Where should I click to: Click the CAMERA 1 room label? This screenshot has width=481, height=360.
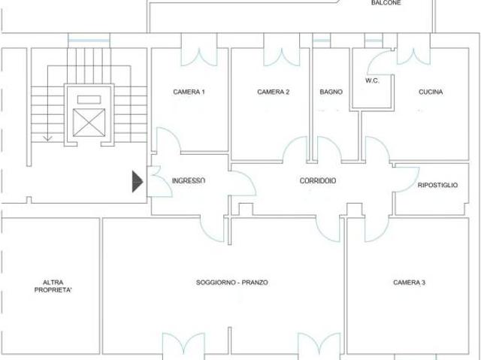[189, 92]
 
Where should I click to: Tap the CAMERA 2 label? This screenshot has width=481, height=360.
[273, 92]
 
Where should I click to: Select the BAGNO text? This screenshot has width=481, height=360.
[331, 92]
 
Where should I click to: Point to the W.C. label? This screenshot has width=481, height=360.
[372, 81]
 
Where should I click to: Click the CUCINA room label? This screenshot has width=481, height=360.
[431, 92]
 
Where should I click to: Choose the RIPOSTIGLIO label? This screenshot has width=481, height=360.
[437, 185]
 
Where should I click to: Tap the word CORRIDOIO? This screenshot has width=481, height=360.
[317, 180]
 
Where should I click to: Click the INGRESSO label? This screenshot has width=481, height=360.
[189, 180]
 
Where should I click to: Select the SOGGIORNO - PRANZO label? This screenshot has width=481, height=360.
[232, 283]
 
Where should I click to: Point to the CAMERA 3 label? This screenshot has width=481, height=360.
[409, 283]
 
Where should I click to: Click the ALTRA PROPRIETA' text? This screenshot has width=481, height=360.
[53, 286]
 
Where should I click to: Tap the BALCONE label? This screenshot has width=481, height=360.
[386, 3]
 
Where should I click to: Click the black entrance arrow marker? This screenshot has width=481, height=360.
[137, 182]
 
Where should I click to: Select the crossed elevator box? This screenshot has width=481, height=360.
[89, 123]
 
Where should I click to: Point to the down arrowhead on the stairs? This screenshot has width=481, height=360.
[47, 138]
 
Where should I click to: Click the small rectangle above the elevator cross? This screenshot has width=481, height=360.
[89, 100]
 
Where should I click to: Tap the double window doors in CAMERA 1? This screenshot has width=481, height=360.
[199, 57]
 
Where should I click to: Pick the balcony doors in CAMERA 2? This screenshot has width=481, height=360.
[282, 57]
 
